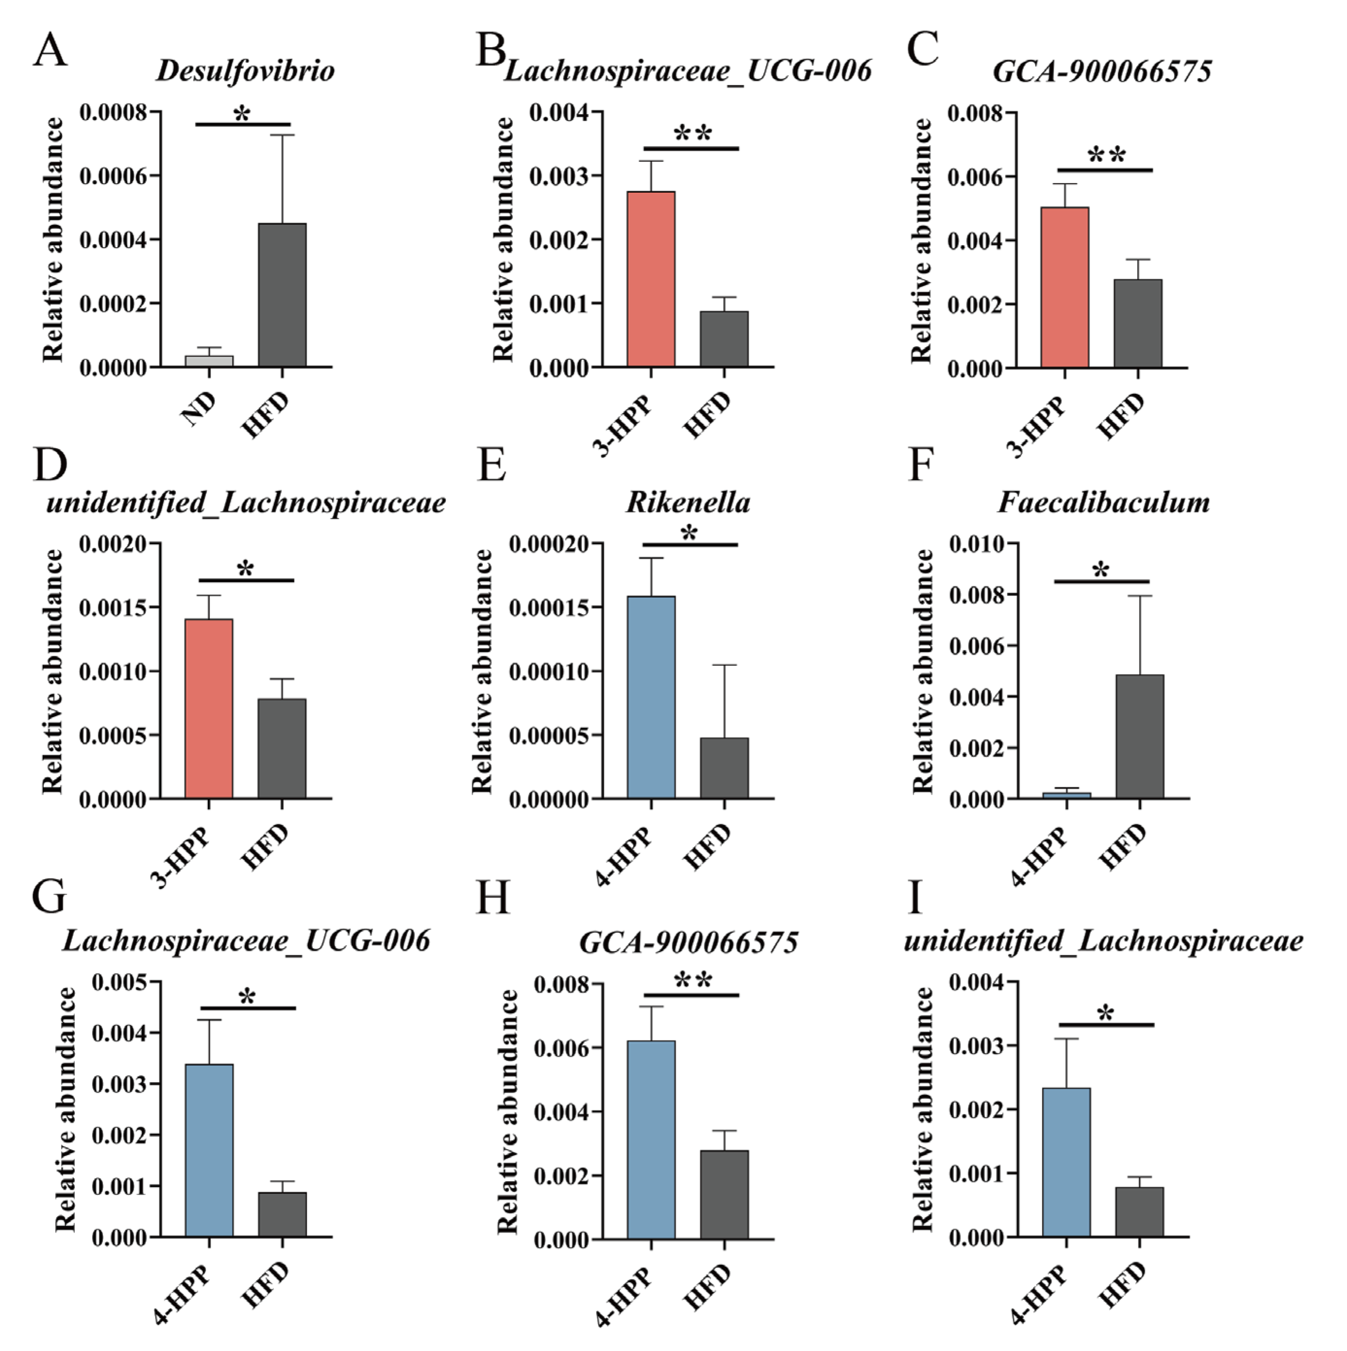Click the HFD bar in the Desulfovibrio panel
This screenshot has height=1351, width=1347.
click(282, 295)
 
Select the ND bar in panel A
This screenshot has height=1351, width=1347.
click(208, 361)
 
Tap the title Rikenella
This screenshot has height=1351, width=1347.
click(688, 502)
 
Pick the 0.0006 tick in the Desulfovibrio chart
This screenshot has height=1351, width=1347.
click(114, 176)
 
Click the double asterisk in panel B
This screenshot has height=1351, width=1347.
click(692, 133)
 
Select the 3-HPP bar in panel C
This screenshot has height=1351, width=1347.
click(1064, 287)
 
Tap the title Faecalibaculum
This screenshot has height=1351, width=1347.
click(1104, 502)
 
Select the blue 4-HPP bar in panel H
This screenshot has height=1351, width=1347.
click(651, 1140)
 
